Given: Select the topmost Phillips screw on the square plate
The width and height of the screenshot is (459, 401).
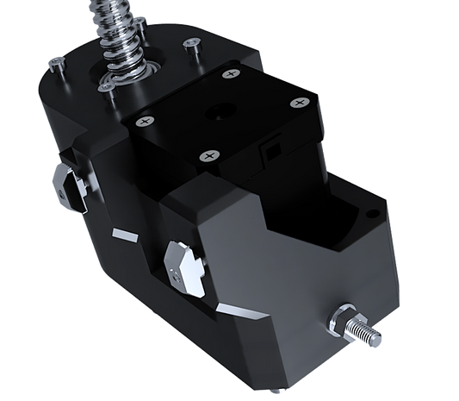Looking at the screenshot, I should point(229,74).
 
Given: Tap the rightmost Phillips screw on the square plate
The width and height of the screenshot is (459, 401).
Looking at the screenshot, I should point(299,103).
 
